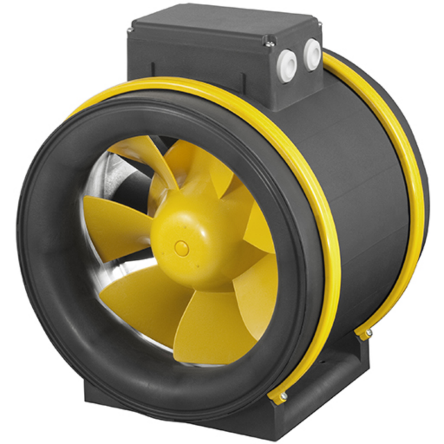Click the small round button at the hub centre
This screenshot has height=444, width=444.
[181, 248]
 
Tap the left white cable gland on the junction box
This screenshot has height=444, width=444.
[287, 65]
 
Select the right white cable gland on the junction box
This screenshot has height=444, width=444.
[312, 54]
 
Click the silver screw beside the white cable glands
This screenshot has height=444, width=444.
[269, 42]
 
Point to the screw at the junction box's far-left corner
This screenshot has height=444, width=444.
[130, 30]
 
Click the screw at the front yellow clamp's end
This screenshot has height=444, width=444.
[283, 395]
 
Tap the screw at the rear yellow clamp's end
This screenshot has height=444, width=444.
[368, 333]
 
